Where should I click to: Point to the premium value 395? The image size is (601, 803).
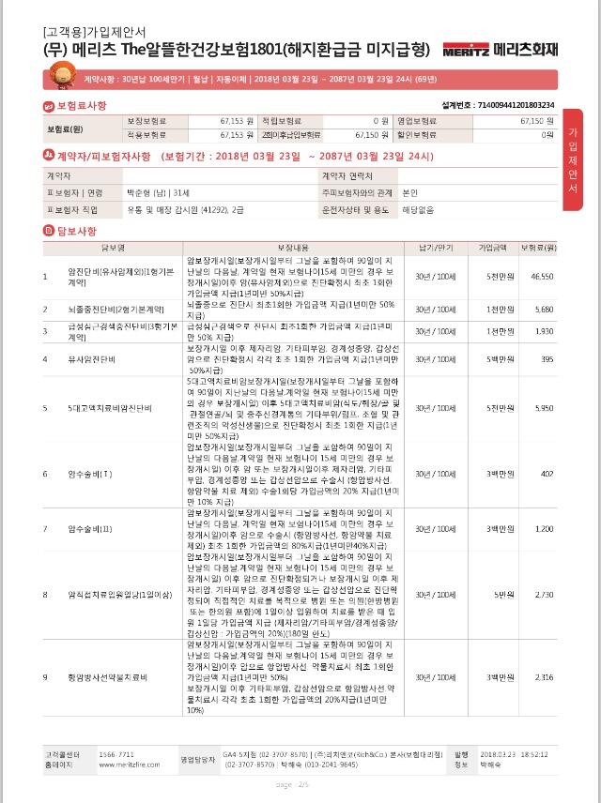(547, 358)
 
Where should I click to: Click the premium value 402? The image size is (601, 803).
(547, 473)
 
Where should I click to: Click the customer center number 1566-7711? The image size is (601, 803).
(116, 754)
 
